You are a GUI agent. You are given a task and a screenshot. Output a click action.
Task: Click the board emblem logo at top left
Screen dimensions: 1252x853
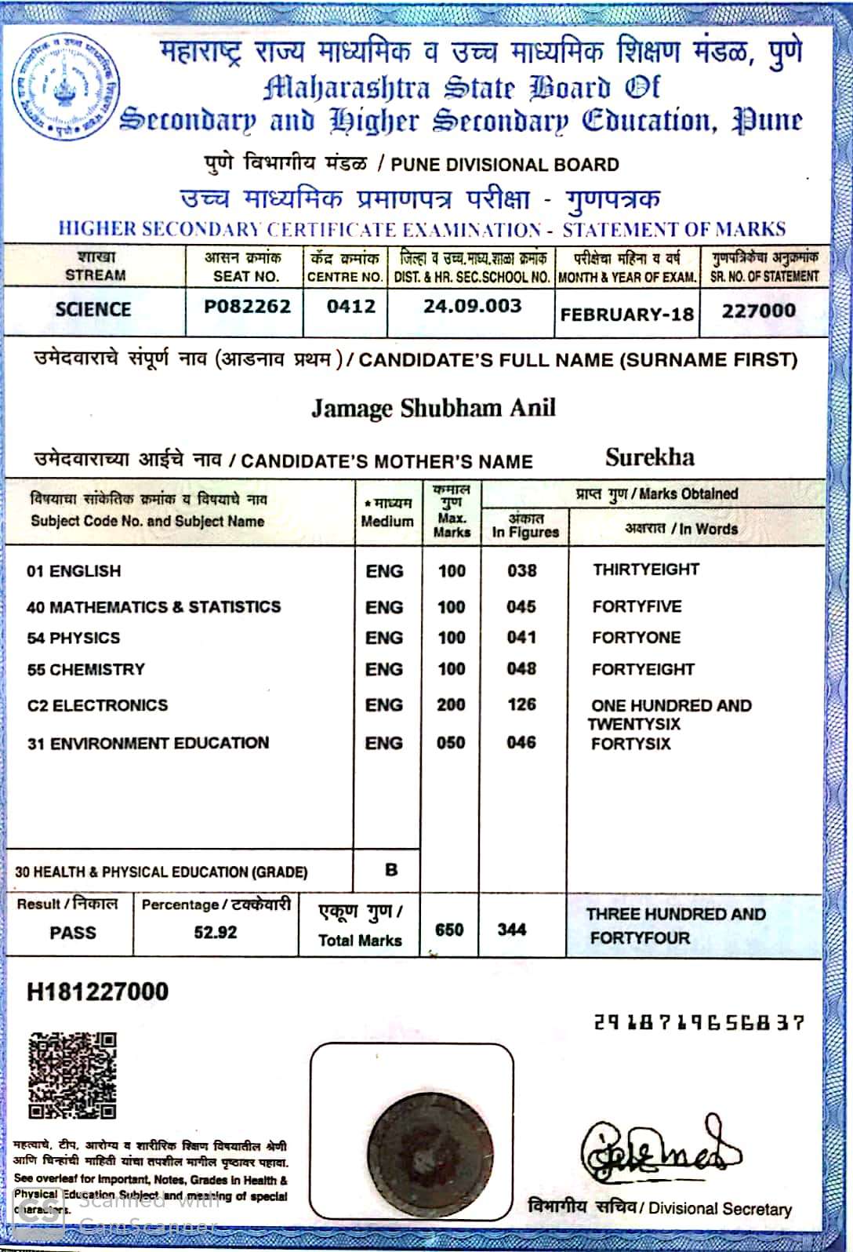tap(66, 88)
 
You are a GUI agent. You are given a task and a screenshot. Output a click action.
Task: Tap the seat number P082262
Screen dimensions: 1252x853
tap(247, 306)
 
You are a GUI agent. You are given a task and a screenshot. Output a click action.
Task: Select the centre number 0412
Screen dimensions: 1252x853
tap(351, 306)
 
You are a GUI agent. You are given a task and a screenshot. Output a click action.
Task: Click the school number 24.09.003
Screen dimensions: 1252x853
tap(472, 306)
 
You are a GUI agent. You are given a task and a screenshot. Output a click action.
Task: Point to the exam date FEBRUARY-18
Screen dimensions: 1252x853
tap(627, 315)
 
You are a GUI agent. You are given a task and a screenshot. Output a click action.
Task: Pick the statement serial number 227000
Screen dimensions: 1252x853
tap(758, 311)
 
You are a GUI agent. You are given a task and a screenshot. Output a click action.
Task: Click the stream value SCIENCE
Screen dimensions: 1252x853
tap(93, 309)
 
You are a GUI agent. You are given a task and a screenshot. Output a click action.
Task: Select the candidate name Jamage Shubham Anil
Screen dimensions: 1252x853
tap(434, 408)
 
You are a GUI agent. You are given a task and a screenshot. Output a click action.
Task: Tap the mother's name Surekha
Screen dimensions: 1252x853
tap(650, 457)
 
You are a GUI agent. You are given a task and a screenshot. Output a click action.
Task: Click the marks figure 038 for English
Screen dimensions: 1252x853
tap(521, 571)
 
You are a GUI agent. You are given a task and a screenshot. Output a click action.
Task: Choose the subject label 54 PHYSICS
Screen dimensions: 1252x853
tap(74, 638)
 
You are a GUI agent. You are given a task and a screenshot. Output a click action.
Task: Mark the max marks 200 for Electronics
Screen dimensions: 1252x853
tap(451, 705)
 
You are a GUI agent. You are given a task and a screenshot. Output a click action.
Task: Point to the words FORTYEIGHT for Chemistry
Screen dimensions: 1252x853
tap(643, 669)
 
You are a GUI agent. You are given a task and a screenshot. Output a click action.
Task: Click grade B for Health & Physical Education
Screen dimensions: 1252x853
tap(391, 870)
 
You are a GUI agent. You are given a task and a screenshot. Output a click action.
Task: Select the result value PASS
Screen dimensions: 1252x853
tap(73, 933)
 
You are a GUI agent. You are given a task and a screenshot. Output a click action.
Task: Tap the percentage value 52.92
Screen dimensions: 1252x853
tap(216, 933)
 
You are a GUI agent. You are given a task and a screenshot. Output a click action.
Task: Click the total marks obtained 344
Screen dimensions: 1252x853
tap(511, 930)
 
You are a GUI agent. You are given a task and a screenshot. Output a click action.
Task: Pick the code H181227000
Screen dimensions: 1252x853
tap(98, 992)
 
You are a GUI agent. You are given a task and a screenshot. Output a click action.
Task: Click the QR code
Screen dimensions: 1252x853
tap(72, 1075)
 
